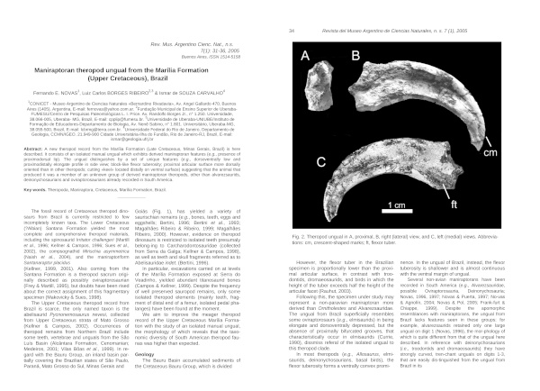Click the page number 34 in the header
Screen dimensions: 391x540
tap(292, 6)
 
